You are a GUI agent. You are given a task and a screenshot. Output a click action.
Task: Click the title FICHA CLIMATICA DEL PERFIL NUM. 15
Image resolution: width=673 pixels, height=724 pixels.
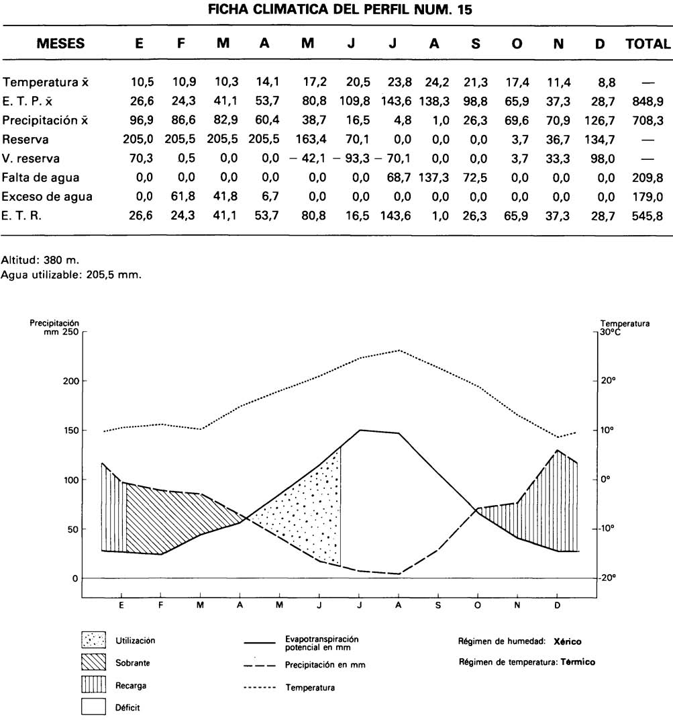336,10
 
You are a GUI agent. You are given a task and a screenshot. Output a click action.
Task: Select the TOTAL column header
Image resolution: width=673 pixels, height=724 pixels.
647,44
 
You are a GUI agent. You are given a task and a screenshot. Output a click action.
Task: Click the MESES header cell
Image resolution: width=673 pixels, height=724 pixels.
60,44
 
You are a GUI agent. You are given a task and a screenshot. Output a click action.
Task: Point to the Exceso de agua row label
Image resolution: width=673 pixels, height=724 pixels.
46,197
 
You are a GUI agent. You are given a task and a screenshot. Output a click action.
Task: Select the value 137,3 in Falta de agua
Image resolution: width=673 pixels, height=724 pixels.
434,178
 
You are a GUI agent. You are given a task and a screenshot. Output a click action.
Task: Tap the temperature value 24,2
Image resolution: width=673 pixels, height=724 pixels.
434,83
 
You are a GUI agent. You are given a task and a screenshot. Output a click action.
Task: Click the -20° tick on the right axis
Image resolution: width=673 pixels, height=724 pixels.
609,578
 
